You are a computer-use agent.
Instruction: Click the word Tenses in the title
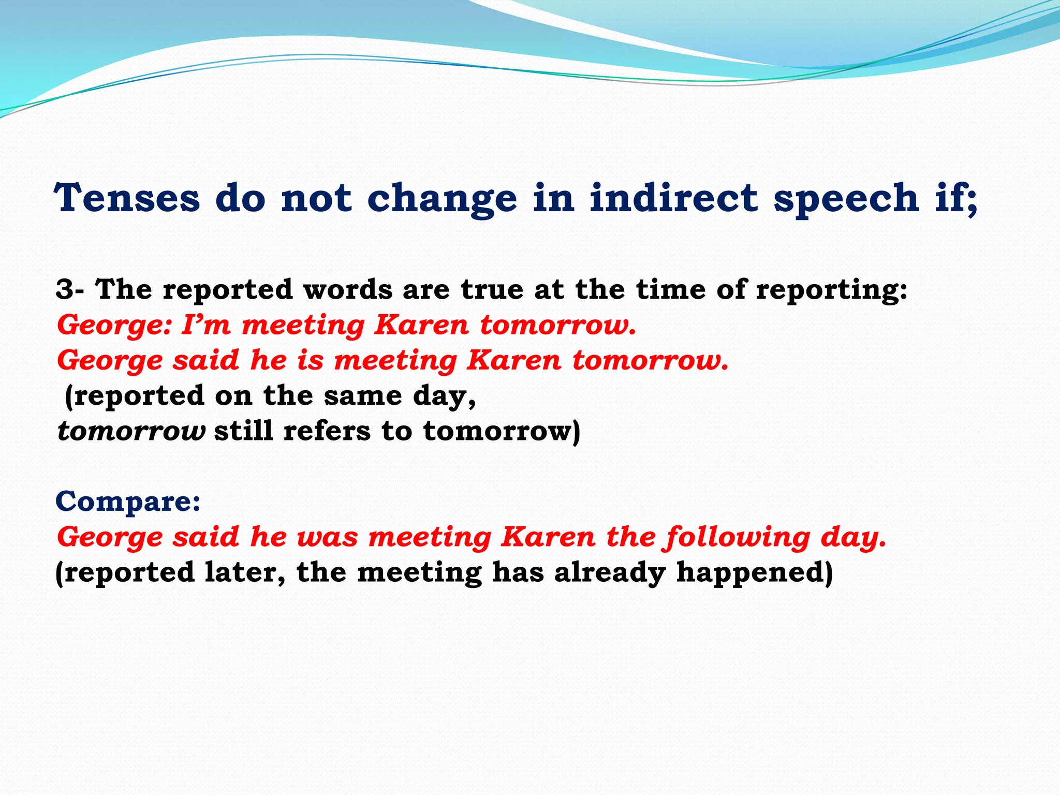coord(127,198)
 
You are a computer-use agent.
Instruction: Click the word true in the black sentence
coord(492,289)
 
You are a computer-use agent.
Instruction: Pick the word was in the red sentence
coord(327,537)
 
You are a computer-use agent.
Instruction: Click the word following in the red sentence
coord(737,538)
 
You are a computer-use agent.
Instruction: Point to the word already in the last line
coord(609,573)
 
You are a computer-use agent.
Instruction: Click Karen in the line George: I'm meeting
coord(421,325)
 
